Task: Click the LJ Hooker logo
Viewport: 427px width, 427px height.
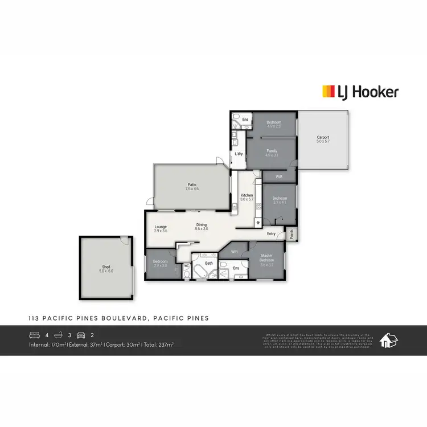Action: [360, 92]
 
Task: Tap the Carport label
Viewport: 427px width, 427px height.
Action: [323, 137]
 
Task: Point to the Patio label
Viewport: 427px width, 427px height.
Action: [192, 184]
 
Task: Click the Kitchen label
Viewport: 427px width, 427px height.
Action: [247, 195]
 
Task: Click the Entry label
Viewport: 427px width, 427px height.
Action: [271, 233]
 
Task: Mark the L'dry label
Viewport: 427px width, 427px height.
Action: [239, 154]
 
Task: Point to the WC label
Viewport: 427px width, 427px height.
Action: [186, 265]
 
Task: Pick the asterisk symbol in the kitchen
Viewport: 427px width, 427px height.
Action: [258, 221]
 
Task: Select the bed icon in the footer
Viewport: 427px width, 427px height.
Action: [34, 335]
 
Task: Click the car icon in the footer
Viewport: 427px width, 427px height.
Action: [80, 335]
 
